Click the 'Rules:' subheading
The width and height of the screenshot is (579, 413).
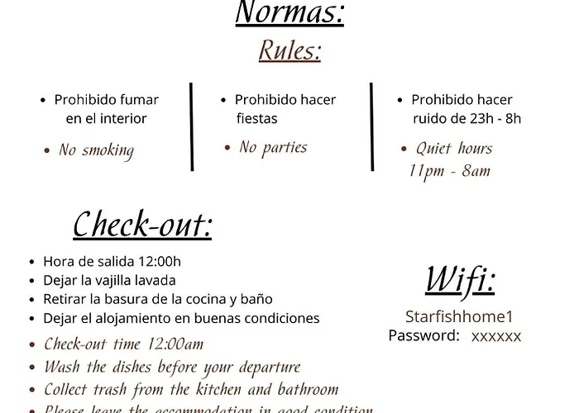click(289, 51)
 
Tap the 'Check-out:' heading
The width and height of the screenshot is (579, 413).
click(141, 225)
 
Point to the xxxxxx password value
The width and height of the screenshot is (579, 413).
click(496, 336)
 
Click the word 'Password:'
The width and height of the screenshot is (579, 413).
click(423, 335)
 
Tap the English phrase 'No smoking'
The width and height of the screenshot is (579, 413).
click(96, 150)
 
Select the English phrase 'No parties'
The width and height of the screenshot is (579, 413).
click(273, 148)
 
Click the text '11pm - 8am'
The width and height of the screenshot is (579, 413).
click(450, 171)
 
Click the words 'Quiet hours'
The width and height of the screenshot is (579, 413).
click(454, 149)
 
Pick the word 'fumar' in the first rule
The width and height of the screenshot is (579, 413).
click(140, 100)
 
